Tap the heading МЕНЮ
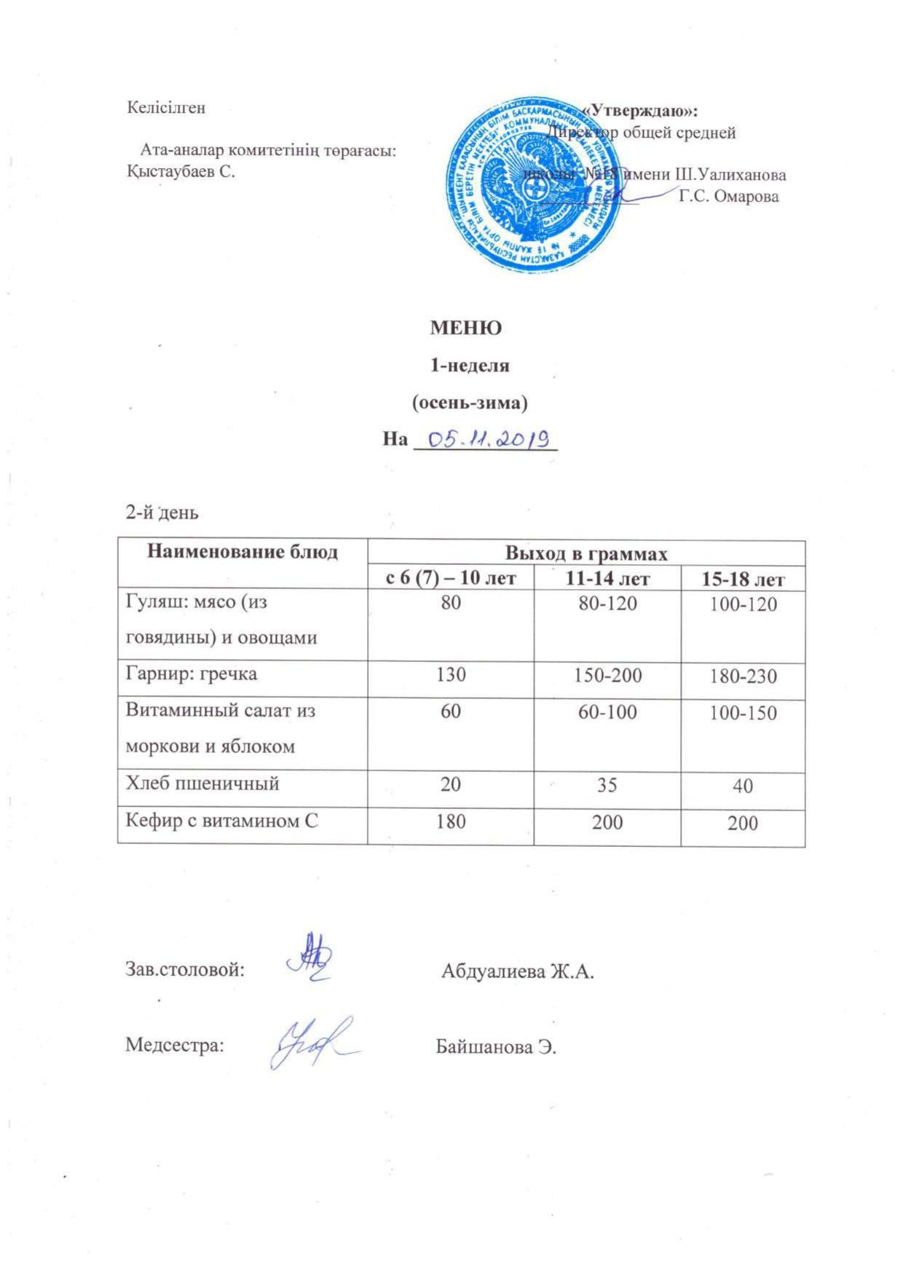[x=465, y=328]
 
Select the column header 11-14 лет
[x=607, y=579]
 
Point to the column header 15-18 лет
[x=742, y=580]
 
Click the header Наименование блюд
[x=242, y=552]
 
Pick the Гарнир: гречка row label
[x=192, y=674]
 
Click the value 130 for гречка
[x=451, y=674]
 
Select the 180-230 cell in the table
[x=742, y=677]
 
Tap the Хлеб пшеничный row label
[x=203, y=784]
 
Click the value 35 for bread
[x=607, y=784]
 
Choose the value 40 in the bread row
[x=742, y=786]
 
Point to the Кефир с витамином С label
[x=222, y=821]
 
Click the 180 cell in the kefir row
[x=451, y=821]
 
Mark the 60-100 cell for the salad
[x=607, y=711]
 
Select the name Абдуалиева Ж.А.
[x=518, y=971]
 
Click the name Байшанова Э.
[x=496, y=1047]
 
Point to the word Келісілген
[x=167, y=108]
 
